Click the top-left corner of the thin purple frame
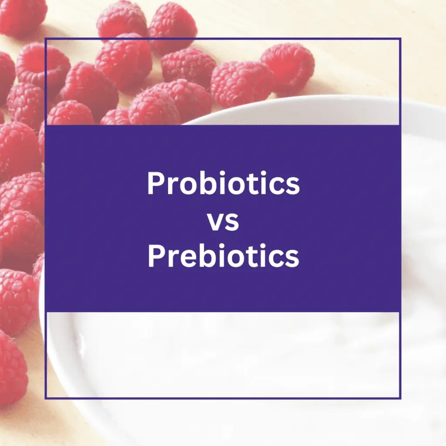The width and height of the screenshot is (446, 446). coord(45,39)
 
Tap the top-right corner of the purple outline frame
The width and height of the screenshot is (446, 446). coord(400,39)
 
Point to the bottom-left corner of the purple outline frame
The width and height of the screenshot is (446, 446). coord(45,398)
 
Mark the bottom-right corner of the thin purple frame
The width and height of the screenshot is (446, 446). coord(400,398)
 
